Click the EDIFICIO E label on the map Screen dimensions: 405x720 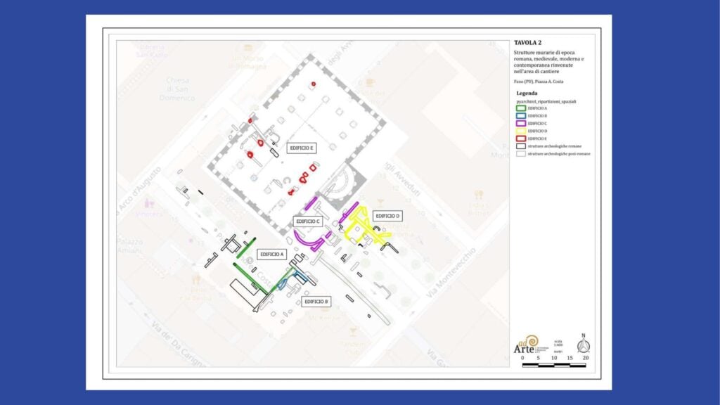click(x=302, y=148)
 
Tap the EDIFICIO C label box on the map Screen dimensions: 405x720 click(x=309, y=221)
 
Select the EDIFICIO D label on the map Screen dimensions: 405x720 click(x=387, y=216)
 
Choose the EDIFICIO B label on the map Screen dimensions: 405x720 click(x=316, y=302)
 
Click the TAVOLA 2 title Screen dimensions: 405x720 click(x=528, y=43)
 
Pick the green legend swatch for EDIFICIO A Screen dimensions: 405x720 click(x=520, y=108)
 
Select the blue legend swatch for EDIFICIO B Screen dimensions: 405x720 click(x=520, y=116)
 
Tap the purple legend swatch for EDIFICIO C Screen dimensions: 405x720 click(x=520, y=124)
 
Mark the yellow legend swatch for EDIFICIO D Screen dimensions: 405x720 click(x=520, y=131)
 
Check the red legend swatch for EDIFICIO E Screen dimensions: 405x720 click(x=520, y=139)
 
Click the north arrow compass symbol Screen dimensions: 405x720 click(x=582, y=345)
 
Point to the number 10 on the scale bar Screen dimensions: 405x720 click(x=554, y=358)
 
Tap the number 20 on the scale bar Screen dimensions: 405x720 click(x=585, y=358)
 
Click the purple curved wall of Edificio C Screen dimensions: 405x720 click(x=308, y=242)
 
